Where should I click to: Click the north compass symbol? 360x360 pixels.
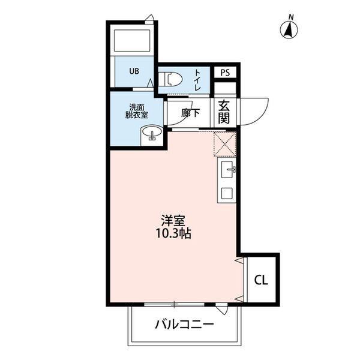(289, 30)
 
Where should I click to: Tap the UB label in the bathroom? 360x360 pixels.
(134, 71)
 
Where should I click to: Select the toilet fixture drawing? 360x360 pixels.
(170, 79)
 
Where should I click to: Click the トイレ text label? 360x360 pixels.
(197, 80)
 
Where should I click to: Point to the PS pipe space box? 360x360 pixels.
(225, 73)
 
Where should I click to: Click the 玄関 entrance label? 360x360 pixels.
(224, 112)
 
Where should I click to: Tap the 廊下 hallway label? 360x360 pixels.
(190, 113)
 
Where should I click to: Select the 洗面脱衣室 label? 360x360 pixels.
(136, 111)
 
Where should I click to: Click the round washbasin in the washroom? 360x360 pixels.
(152, 132)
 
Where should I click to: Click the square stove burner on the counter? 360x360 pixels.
(227, 193)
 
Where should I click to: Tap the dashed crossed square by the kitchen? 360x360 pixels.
(225, 144)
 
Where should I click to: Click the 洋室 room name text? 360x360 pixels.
(173, 220)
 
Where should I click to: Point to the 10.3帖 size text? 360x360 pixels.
(173, 233)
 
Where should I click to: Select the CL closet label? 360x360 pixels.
(261, 280)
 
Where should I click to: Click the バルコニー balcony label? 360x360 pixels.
(184, 325)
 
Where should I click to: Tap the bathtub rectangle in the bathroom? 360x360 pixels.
(132, 40)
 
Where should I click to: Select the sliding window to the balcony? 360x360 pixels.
(174, 305)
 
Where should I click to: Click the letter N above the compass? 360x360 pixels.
(291, 17)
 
